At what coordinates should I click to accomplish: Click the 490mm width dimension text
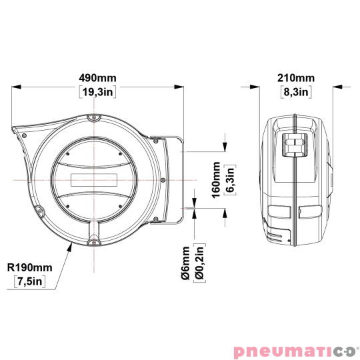(97, 75)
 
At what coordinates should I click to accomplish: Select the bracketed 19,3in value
(97, 92)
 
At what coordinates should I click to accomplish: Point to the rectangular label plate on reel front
(94, 179)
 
